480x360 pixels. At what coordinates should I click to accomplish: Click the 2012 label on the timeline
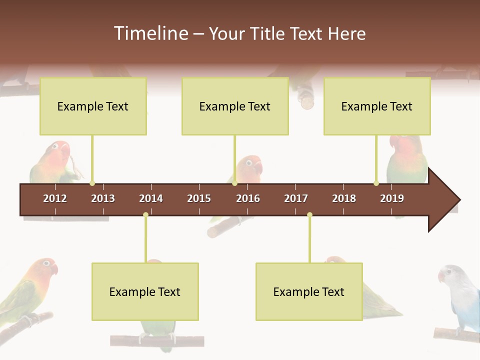pos(55,198)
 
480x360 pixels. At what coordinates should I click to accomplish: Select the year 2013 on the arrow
pos(103,198)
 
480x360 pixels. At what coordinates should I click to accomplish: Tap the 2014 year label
pos(151,198)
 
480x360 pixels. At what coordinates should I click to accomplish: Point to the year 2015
pos(199,198)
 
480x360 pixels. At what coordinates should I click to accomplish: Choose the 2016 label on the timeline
pos(248,198)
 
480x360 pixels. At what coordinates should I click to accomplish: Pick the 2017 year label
pos(296,198)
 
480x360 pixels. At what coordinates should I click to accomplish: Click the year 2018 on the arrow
pos(344,198)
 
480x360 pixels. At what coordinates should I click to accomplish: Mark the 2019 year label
pos(392,198)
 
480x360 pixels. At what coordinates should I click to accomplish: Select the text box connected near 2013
pos(93,106)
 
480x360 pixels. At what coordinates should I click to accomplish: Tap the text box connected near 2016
pos(235,106)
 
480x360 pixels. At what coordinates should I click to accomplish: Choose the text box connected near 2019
pos(377,106)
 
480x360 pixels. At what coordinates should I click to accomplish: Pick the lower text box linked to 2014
pos(145,291)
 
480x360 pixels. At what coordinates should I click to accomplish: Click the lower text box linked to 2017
pos(309,291)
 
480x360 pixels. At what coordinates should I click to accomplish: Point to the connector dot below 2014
pos(145,215)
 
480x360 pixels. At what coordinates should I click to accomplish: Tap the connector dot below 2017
pos(309,215)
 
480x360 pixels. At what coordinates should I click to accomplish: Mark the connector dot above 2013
pos(92,183)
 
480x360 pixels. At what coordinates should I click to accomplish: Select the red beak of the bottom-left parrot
pos(54,269)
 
